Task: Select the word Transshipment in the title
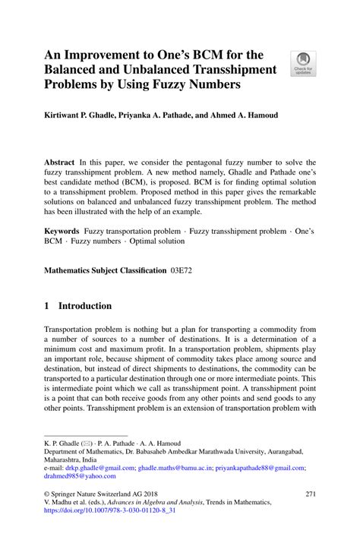coord(232,70)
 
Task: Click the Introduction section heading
coord(86,306)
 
